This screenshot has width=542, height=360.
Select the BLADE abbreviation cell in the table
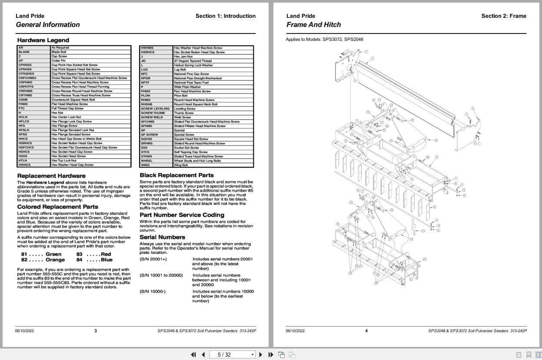[x=24, y=52]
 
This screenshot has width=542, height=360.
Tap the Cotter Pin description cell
[x=59, y=61]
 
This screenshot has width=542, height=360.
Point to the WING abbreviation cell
[x=145, y=165]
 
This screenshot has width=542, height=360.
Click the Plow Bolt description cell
[x=180, y=96]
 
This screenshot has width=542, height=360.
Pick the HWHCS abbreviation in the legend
[x=25, y=165]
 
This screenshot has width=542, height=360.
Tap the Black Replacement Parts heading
[x=176, y=175]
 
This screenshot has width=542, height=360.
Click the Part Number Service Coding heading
[x=182, y=215]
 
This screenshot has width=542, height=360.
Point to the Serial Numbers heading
[x=162, y=237]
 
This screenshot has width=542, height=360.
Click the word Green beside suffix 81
[x=53, y=254]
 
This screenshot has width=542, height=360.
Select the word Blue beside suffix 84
[x=106, y=260]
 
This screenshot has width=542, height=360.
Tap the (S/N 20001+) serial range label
[x=153, y=259]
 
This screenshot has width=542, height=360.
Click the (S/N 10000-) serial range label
[x=153, y=291]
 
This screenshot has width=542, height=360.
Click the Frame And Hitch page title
[x=313, y=25]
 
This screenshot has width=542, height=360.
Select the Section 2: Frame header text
[x=503, y=16]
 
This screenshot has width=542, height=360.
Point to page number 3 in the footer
[x=96, y=331]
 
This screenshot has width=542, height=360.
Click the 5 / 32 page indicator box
[x=233, y=355]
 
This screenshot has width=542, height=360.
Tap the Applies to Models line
[x=324, y=40]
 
